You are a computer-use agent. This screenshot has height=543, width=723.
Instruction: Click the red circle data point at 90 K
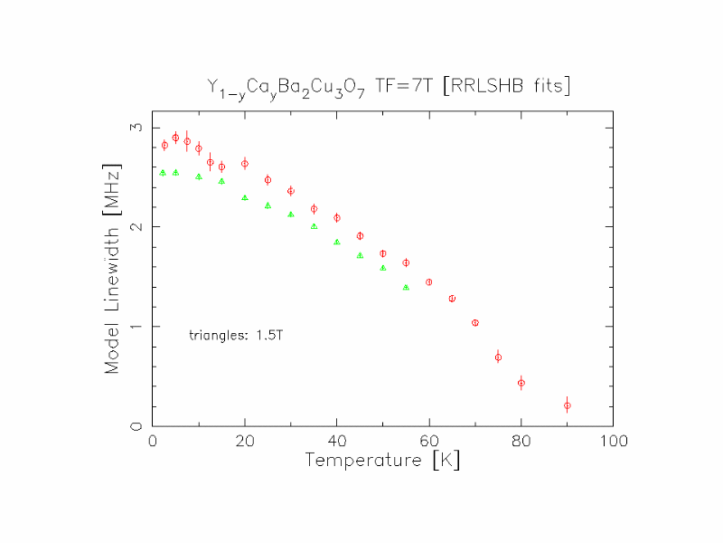point(567,405)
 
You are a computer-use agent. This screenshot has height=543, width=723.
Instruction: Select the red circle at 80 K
point(521,383)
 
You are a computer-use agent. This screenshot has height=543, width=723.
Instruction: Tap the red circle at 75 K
point(498,357)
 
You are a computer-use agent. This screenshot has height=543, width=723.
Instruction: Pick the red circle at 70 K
point(474,322)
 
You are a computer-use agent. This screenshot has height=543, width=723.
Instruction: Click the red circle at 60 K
point(428,282)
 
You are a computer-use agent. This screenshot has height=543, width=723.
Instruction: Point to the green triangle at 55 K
point(406,287)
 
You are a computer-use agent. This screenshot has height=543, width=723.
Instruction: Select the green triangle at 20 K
point(244,197)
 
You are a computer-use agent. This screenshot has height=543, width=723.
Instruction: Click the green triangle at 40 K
point(336,242)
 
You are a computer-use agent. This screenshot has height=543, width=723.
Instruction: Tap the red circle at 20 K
point(244,164)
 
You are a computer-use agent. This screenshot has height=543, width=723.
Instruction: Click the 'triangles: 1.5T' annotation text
point(238,335)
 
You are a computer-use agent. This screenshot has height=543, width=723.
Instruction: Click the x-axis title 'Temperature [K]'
point(384,460)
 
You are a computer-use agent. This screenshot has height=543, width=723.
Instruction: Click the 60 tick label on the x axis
point(428,442)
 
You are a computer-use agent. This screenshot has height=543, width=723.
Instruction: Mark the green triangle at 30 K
point(290,214)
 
